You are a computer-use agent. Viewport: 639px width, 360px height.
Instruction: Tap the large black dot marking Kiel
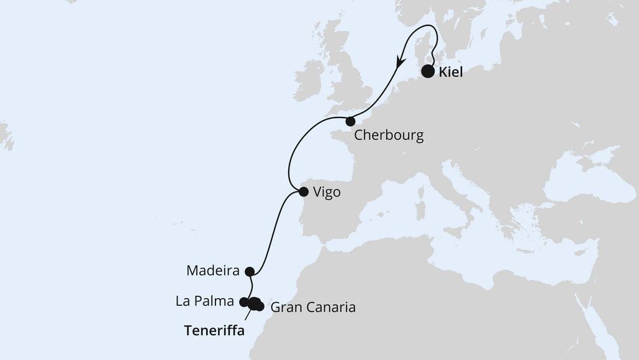[428, 72]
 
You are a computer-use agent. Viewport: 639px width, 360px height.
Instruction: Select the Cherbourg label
[389, 136]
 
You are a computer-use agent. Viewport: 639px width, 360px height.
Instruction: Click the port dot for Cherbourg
[350, 121]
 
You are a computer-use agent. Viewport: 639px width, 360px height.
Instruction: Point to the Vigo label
[327, 192]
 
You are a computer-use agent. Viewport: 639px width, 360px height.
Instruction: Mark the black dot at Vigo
[303, 192]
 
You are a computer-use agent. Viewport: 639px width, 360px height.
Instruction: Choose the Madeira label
[213, 271]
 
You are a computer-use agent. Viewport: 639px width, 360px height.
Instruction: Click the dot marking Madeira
[249, 271]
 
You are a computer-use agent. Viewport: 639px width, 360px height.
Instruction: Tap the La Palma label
[204, 302]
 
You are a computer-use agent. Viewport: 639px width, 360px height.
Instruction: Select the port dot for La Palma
[243, 302]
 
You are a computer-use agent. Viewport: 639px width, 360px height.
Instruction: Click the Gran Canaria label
[313, 307]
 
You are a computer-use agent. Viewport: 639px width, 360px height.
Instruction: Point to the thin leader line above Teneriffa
[248, 314]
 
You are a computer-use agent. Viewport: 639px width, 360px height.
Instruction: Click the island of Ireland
[309, 80]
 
